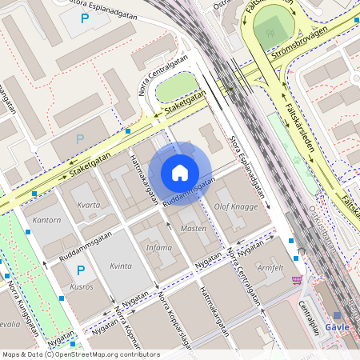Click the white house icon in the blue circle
[x=180, y=172]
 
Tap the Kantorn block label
[x=46, y=219]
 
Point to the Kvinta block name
[x=121, y=266]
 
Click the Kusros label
[x=82, y=286]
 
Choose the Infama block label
[x=158, y=247]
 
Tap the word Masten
[x=194, y=229]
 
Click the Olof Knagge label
[x=236, y=206]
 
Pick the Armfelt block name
[x=270, y=268]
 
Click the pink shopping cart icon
[x=297, y=279]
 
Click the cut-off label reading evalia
[x=9, y=325]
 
